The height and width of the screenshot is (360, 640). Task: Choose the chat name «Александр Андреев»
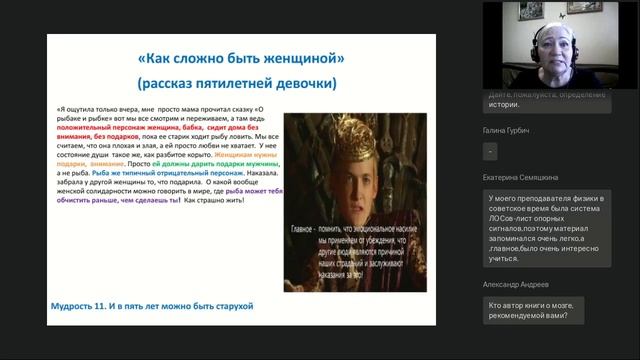coord(517,284)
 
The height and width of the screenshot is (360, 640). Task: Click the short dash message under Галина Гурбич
coord(490,152)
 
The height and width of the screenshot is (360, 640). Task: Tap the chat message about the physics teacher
coord(545,229)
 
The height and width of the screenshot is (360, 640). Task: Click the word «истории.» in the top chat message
coord(504,103)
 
